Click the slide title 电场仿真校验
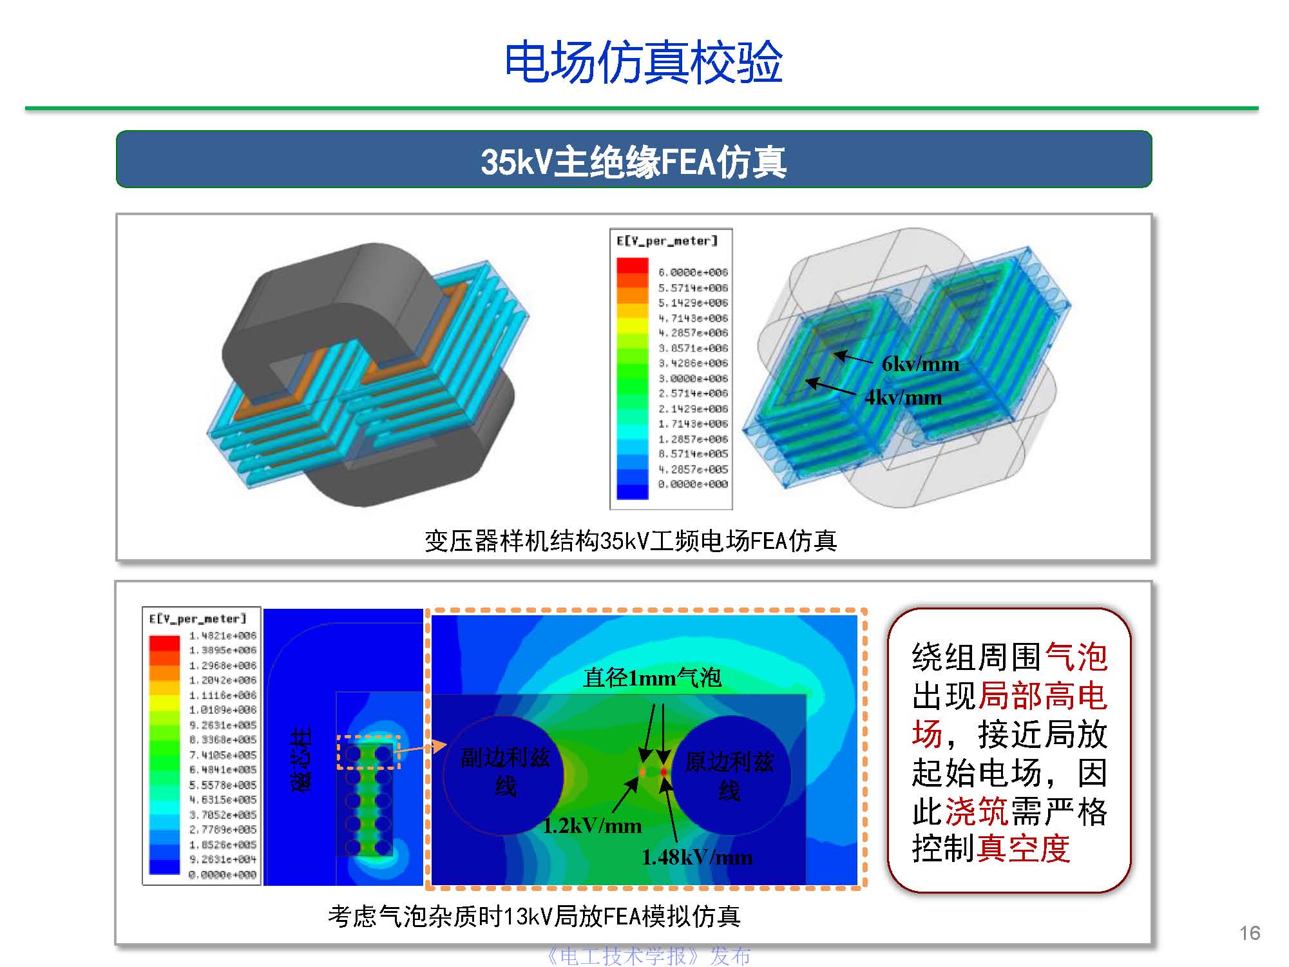[x=643, y=62]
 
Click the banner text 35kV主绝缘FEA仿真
[x=633, y=161]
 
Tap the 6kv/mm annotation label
[x=920, y=365]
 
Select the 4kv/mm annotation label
[x=903, y=397]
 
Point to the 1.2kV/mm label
[x=592, y=826]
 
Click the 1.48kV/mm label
[x=697, y=857]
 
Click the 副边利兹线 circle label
[x=505, y=772]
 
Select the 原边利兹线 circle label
[x=729, y=776]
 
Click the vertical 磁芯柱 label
[x=301, y=760]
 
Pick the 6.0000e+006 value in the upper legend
[x=692, y=273]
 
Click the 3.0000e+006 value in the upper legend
[x=692, y=379]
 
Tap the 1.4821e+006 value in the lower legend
[x=222, y=636]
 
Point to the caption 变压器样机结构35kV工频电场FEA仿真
[x=631, y=541]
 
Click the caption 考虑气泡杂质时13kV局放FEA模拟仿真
[x=534, y=916]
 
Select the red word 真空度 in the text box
[x=1024, y=848]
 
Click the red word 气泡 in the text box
[x=1076, y=658]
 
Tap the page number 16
[x=1250, y=933]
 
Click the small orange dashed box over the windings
[x=368, y=752]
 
